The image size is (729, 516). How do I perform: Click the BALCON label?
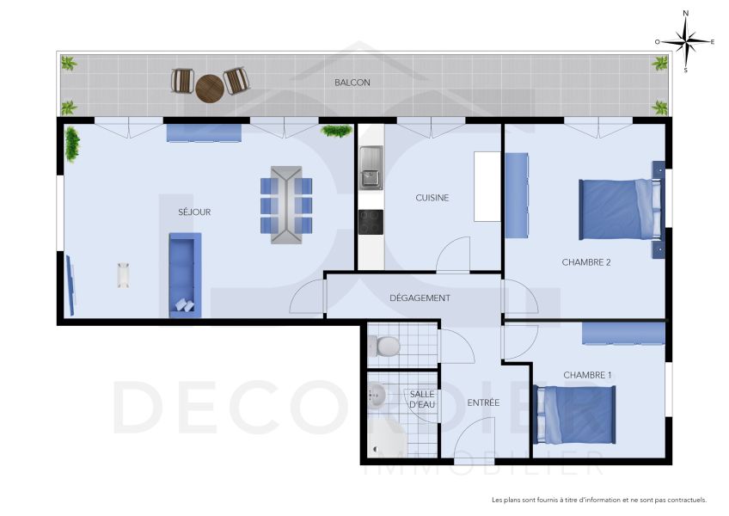pyautogui.click(x=352, y=83)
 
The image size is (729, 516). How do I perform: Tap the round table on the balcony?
pyautogui.click(x=209, y=88)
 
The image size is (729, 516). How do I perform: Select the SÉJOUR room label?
pyautogui.click(x=194, y=212)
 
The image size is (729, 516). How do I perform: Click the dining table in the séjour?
pyautogui.click(x=286, y=205)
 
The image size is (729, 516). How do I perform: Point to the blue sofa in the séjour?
pyautogui.click(x=185, y=274)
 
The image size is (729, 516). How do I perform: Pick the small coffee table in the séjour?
pyautogui.click(x=123, y=274)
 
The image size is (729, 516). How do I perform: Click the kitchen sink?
pyautogui.click(x=371, y=167)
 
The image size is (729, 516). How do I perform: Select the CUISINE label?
pyautogui.click(x=432, y=198)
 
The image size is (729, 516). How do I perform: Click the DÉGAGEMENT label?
pyautogui.click(x=420, y=298)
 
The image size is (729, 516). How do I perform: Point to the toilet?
pyautogui.click(x=384, y=346)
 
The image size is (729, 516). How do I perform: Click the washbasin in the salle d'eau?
pyautogui.click(x=377, y=396)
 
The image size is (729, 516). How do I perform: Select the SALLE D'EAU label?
pyautogui.click(x=422, y=399)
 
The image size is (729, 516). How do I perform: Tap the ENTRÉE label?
pyautogui.click(x=483, y=402)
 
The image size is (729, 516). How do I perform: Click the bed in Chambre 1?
pyautogui.click(x=575, y=414)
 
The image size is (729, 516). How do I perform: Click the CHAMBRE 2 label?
pyautogui.click(x=585, y=262)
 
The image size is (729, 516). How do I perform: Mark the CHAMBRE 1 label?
pyautogui.click(x=587, y=375)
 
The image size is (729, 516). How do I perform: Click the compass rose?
pyautogui.click(x=685, y=40)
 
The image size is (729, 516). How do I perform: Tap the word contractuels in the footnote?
pyautogui.click(x=683, y=500)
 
